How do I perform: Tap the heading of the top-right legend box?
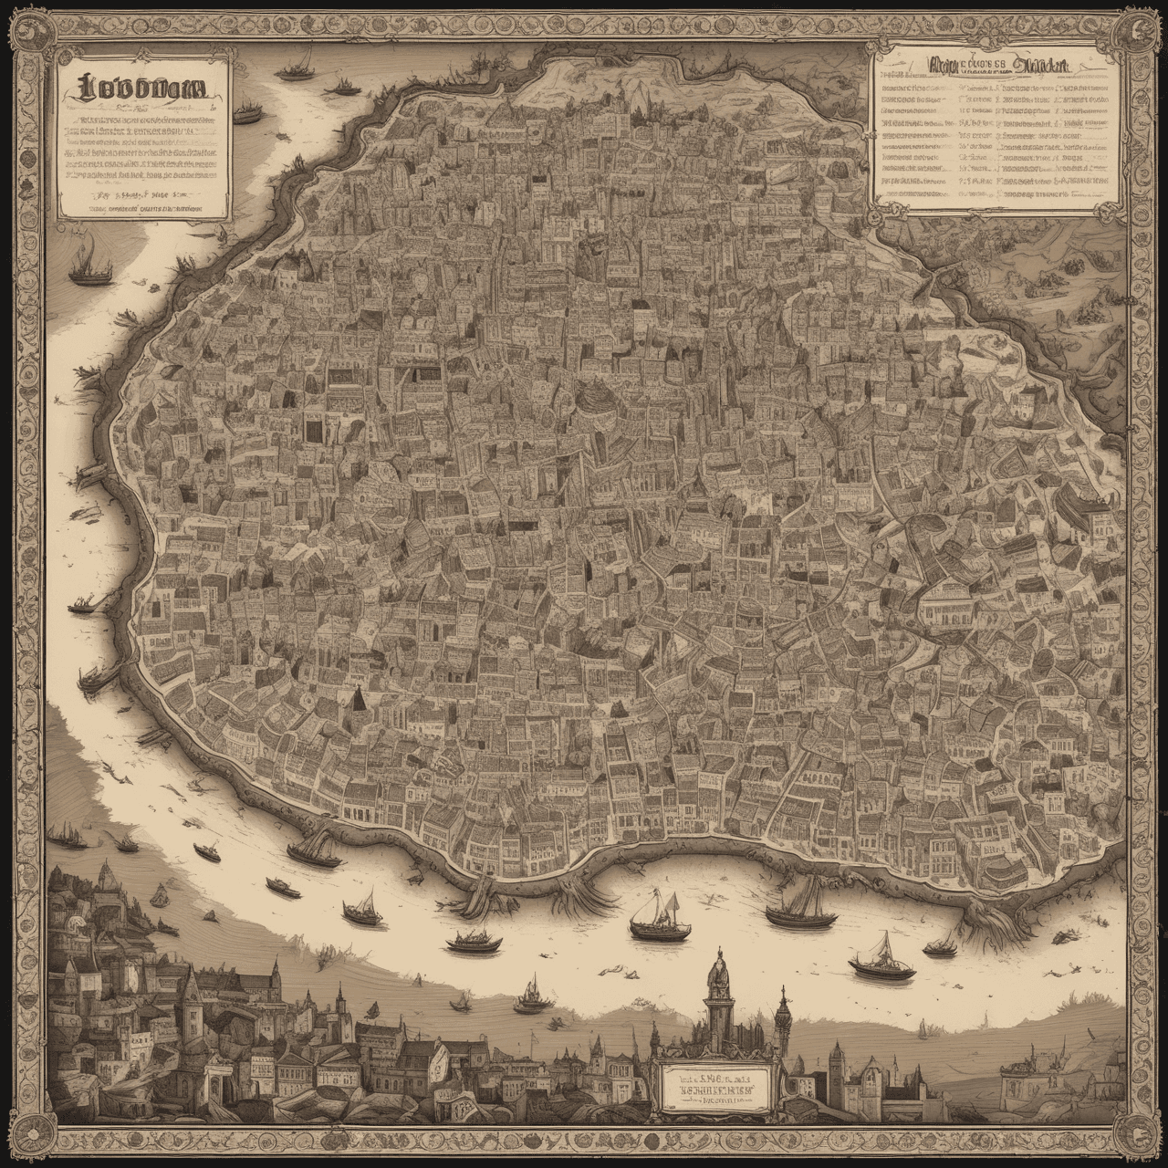995,66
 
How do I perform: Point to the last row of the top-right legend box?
995,193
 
